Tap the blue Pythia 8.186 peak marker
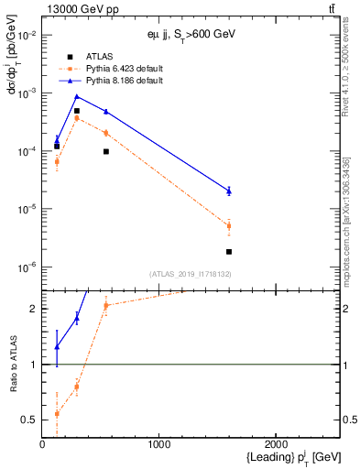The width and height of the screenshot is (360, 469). [x=77, y=96]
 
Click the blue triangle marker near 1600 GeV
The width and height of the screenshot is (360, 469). [x=229, y=191]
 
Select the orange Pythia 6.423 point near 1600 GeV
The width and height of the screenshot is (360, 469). [x=229, y=225]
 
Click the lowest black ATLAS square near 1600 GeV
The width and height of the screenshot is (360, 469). [x=229, y=251]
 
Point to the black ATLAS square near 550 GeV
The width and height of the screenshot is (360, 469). [x=106, y=151]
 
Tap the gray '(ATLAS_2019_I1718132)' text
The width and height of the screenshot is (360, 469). [x=191, y=274]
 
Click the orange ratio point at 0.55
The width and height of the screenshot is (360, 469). [x=57, y=414]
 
